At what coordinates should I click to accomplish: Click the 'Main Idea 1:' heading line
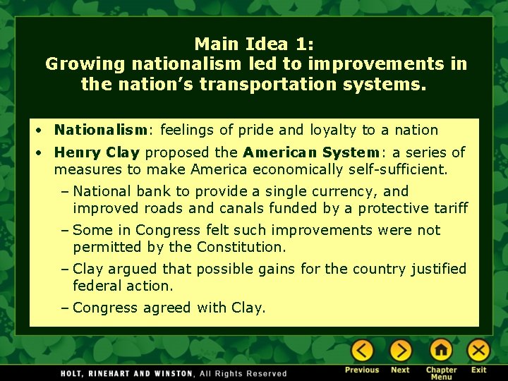[255, 44]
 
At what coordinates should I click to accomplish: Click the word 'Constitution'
[241, 247]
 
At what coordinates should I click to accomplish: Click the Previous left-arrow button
[362, 350]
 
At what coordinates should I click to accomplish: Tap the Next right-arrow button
[400, 350]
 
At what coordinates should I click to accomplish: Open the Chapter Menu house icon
[441, 350]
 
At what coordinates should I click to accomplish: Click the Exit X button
[479, 350]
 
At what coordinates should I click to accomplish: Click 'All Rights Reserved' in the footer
[243, 373]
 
